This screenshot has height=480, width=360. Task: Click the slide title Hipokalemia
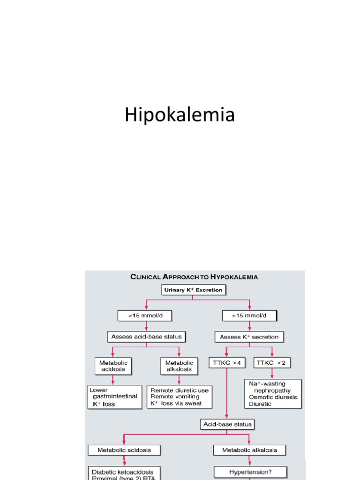click(180, 115)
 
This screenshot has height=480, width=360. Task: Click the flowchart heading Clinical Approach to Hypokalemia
click(194, 277)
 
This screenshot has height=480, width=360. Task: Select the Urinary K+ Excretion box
click(193, 290)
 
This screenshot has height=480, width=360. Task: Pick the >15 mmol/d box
click(249, 316)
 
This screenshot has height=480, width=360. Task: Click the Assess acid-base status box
click(146, 337)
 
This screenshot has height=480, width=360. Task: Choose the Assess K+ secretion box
click(249, 337)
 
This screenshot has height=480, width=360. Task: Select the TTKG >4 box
click(226, 363)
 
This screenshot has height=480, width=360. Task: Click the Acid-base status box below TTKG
click(227, 424)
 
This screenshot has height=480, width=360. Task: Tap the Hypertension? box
click(250, 472)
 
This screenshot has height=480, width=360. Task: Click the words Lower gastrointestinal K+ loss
click(114, 397)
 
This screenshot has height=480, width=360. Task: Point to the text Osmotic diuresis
click(273, 397)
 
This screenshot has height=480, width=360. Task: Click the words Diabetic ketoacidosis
click(119, 472)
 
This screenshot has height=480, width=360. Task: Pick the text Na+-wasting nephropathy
click(270, 387)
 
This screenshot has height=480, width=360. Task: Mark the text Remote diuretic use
click(179, 390)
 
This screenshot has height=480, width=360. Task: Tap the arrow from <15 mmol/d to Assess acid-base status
click(146, 326)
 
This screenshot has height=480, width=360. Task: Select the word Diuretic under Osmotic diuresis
click(260, 404)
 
